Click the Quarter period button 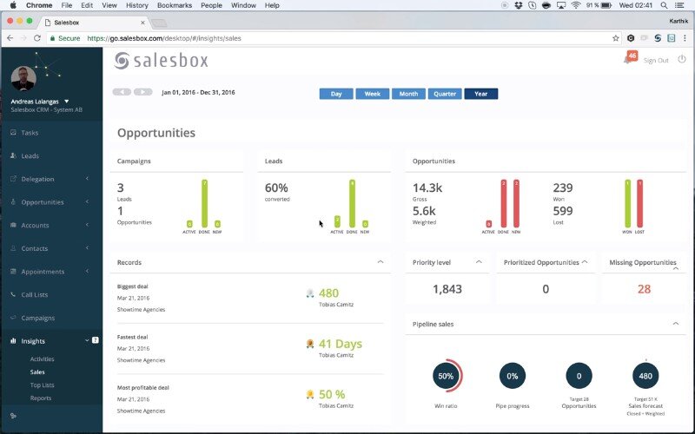pyautogui.click(x=445, y=94)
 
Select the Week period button pyautogui.click(x=372, y=94)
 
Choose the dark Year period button pyautogui.click(x=480, y=94)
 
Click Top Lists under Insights pyautogui.click(x=42, y=385)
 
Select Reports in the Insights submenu pyautogui.click(x=41, y=398)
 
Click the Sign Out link pyautogui.click(x=656, y=60)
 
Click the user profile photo pyautogui.click(x=23, y=79)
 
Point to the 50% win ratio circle pyautogui.click(x=446, y=376)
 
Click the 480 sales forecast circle pyautogui.click(x=645, y=376)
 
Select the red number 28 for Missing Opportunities pyautogui.click(x=644, y=289)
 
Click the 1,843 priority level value pyautogui.click(x=447, y=289)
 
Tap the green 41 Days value pyautogui.click(x=340, y=344)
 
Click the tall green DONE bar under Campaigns pyautogui.click(x=205, y=205)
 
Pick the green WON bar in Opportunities pyautogui.click(x=627, y=205)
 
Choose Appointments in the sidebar pyautogui.click(x=43, y=272)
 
